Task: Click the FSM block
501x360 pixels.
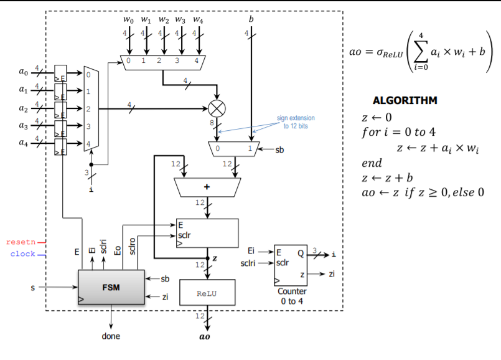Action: click(x=110, y=288)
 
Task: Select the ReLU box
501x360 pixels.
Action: click(x=207, y=292)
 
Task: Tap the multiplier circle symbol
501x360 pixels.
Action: click(x=217, y=109)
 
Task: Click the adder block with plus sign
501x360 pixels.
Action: click(x=207, y=186)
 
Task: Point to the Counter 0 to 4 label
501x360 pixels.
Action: click(x=292, y=296)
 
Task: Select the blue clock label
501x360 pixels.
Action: click(x=22, y=253)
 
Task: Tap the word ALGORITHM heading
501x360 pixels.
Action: click(x=405, y=100)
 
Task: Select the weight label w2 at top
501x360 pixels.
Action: click(x=164, y=21)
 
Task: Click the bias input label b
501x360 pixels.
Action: click(x=251, y=19)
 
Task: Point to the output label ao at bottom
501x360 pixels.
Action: click(x=205, y=336)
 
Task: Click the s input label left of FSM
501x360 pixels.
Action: click(x=32, y=288)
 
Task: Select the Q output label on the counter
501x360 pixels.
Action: click(x=301, y=253)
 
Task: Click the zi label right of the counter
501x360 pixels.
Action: click(x=332, y=273)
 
